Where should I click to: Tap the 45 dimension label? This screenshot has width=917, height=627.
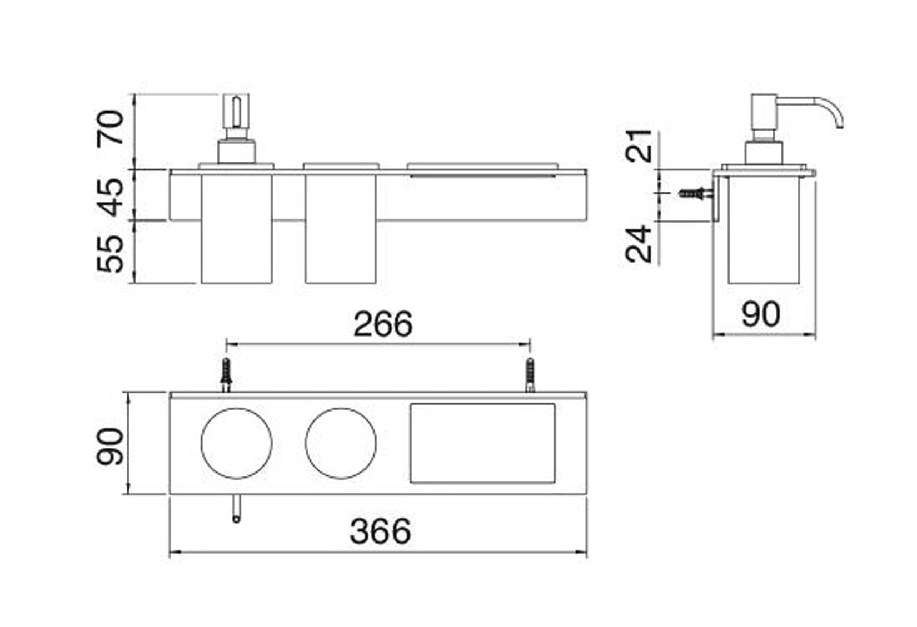(x=110, y=198)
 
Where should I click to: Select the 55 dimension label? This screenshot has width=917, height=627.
(x=110, y=254)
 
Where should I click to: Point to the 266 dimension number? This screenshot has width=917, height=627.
(x=383, y=324)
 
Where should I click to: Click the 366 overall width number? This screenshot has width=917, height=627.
(x=380, y=531)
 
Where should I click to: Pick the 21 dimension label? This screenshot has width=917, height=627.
(x=638, y=146)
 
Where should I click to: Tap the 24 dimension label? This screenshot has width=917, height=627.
(x=638, y=244)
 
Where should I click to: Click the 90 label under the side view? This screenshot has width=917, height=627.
(x=761, y=314)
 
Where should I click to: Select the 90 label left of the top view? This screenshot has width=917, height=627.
(x=109, y=447)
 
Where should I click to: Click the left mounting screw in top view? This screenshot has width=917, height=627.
(x=226, y=375)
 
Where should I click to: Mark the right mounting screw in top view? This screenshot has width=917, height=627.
(x=530, y=375)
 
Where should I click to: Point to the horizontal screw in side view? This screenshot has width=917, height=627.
(x=696, y=193)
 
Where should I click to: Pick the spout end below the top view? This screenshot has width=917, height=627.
(x=236, y=519)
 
